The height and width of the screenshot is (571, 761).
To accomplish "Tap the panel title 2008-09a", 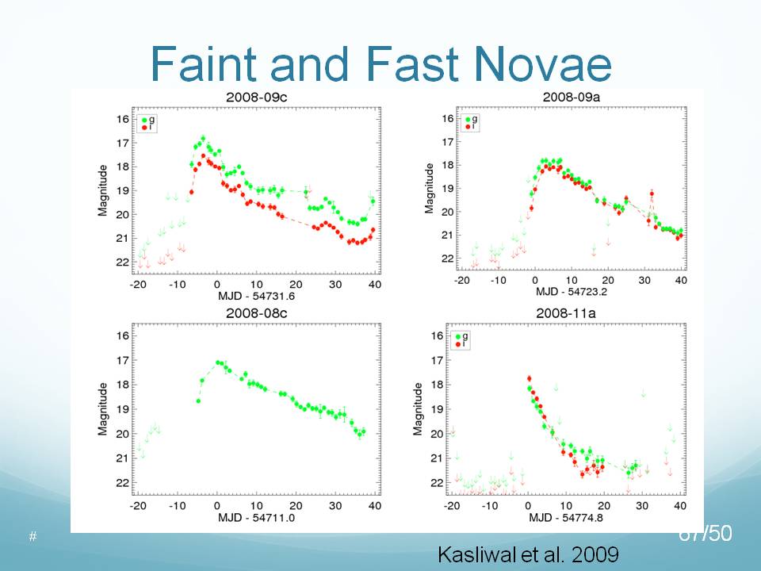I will (x=570, y=97).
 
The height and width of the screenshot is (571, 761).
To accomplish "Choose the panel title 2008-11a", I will (x=570, y=315).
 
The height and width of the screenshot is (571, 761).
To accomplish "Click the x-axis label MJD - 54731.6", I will (x=255, y=296).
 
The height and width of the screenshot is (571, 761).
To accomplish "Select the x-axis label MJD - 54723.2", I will (x=569, y=292).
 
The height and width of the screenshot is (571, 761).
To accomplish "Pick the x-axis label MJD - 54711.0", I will (x=254, y=517).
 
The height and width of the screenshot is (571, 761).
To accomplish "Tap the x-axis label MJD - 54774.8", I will (x=569, y=517).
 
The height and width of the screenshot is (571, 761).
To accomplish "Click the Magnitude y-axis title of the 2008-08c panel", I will (x=103, y=408).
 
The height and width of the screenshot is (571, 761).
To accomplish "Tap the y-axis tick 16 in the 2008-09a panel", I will (x=447, y=118).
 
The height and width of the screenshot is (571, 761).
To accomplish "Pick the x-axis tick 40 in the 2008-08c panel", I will (x=373, y=505).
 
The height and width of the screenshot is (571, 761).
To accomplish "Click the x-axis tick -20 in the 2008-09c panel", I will (x=138, y=285).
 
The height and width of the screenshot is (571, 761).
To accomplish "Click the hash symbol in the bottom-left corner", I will (x=33, y=537).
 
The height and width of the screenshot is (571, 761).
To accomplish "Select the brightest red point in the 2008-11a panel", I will (x=529, y=378).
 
